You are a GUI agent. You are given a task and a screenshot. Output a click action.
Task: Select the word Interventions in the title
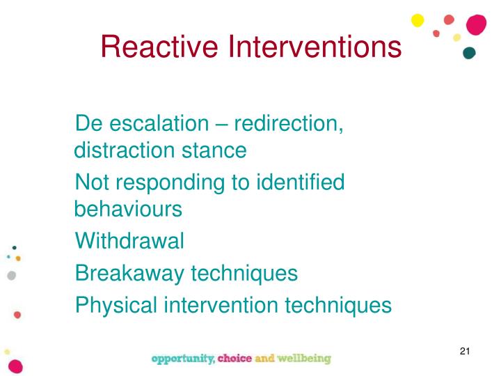click(316, 47)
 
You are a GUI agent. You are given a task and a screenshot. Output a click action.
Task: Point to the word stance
click(214, 150)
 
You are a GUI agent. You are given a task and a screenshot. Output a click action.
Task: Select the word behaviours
click(128, 209)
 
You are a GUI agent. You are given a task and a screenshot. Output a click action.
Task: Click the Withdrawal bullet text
click(129, 241)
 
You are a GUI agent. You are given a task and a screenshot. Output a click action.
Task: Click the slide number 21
click(466, 350)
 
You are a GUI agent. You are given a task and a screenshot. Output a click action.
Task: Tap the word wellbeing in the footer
click(303, 359)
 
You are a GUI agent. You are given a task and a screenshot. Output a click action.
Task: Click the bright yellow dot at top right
click(417, 20)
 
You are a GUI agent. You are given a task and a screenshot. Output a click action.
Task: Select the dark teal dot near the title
click(469, 53)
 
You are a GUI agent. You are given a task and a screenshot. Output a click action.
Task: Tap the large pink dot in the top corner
click(476, 24)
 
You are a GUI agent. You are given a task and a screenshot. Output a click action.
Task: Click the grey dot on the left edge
click(10, 275)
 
